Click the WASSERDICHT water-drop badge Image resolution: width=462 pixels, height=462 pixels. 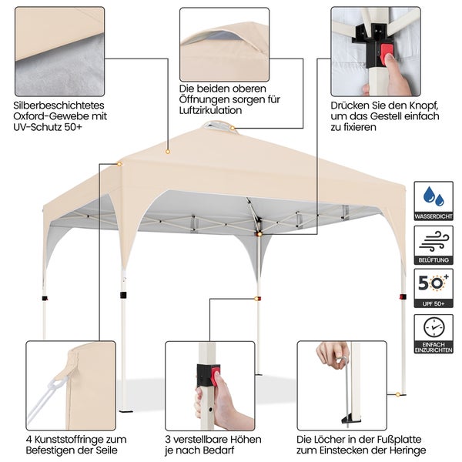(x=434, y=201)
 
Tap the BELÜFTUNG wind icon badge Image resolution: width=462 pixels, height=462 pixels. (x=434, y=245)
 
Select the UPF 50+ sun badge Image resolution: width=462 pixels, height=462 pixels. (x=434, y=289)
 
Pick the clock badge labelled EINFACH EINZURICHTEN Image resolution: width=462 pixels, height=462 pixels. (x=434, y=334)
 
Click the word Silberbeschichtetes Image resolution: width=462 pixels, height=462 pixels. (x=59, y=105)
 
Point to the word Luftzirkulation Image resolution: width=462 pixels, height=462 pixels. (x=210, y=110)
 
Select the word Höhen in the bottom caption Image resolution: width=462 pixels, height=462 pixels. (x=246, y=440)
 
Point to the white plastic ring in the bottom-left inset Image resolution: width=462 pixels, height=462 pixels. (x=55, y=386)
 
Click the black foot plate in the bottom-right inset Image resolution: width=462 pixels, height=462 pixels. (x=350, y=418)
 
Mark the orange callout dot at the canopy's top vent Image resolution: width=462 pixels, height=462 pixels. (x=233, y=128)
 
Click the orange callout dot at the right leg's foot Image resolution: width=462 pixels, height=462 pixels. (x=398, y=394)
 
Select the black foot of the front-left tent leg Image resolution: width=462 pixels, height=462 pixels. (x=126, y=410)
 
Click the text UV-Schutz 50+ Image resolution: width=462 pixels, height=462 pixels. (x=48, y=127)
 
